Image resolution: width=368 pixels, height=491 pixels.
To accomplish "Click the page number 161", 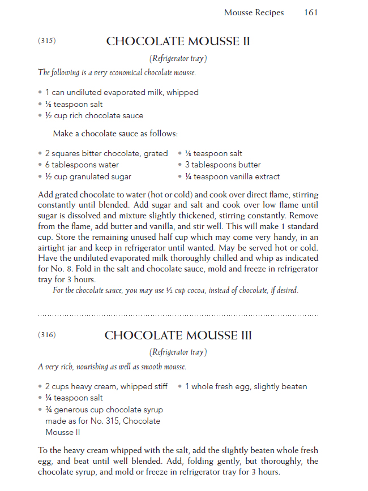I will pos(311,12).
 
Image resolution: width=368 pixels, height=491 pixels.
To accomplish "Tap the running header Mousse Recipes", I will pos(254,12).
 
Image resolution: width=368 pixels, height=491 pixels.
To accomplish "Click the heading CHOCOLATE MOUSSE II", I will pos(178,41).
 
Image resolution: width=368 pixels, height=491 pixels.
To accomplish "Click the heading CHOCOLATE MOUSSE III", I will pos(178,335).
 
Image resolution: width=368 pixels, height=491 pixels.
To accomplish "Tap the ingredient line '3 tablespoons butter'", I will pos(222,165).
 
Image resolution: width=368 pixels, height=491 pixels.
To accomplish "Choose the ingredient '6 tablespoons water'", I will pos(82,165).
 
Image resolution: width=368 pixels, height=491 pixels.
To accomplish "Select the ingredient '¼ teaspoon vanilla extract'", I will pos(232,177).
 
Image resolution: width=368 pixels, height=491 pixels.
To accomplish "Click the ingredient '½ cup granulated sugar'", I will pos(88,177).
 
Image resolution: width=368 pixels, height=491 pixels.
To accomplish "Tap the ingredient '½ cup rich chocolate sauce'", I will pos(94,116).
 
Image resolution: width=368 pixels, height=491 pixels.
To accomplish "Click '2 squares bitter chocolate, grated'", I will pos(106,153).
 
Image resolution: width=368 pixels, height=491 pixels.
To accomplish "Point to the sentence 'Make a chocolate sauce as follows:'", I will pos(115,134).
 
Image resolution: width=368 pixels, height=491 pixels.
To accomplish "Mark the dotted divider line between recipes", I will pos(178,315).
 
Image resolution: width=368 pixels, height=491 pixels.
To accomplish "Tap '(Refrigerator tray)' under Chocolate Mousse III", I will pos(178,352).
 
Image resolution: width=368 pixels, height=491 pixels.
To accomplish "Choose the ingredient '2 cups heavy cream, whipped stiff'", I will pos(106,387).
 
